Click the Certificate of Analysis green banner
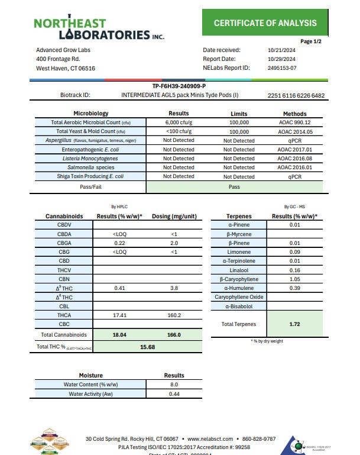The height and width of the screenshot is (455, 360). pyautogui.click(x=265, y=24)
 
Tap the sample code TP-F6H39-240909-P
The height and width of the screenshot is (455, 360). pyautogui.click(x=179, y=86)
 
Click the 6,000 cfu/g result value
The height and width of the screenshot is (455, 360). pyautogui.click(x=179, y=122)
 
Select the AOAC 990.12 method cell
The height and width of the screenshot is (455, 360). pyautogui.click(x=294, y=122)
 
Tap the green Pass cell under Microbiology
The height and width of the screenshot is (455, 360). pyautogui.click(x=234, y=186)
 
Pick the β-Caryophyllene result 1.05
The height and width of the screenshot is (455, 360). pyautogui.click(x=291, y=279)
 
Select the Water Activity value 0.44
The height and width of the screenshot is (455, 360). pyautogui.click(x=174, y=394)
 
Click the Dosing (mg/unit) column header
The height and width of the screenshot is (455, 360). pyautogui.click(x=174, y=217)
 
